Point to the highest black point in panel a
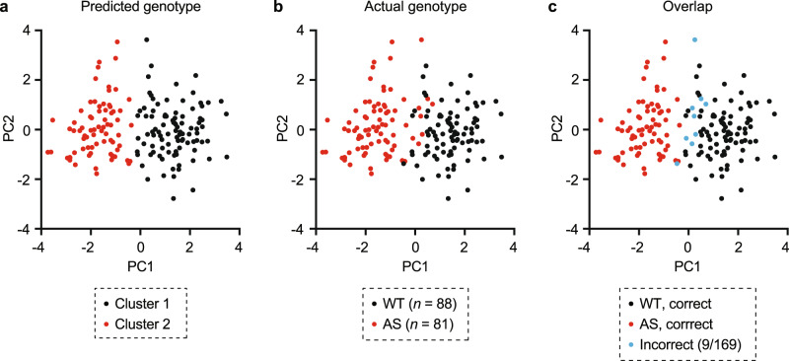tap(146, 39)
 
